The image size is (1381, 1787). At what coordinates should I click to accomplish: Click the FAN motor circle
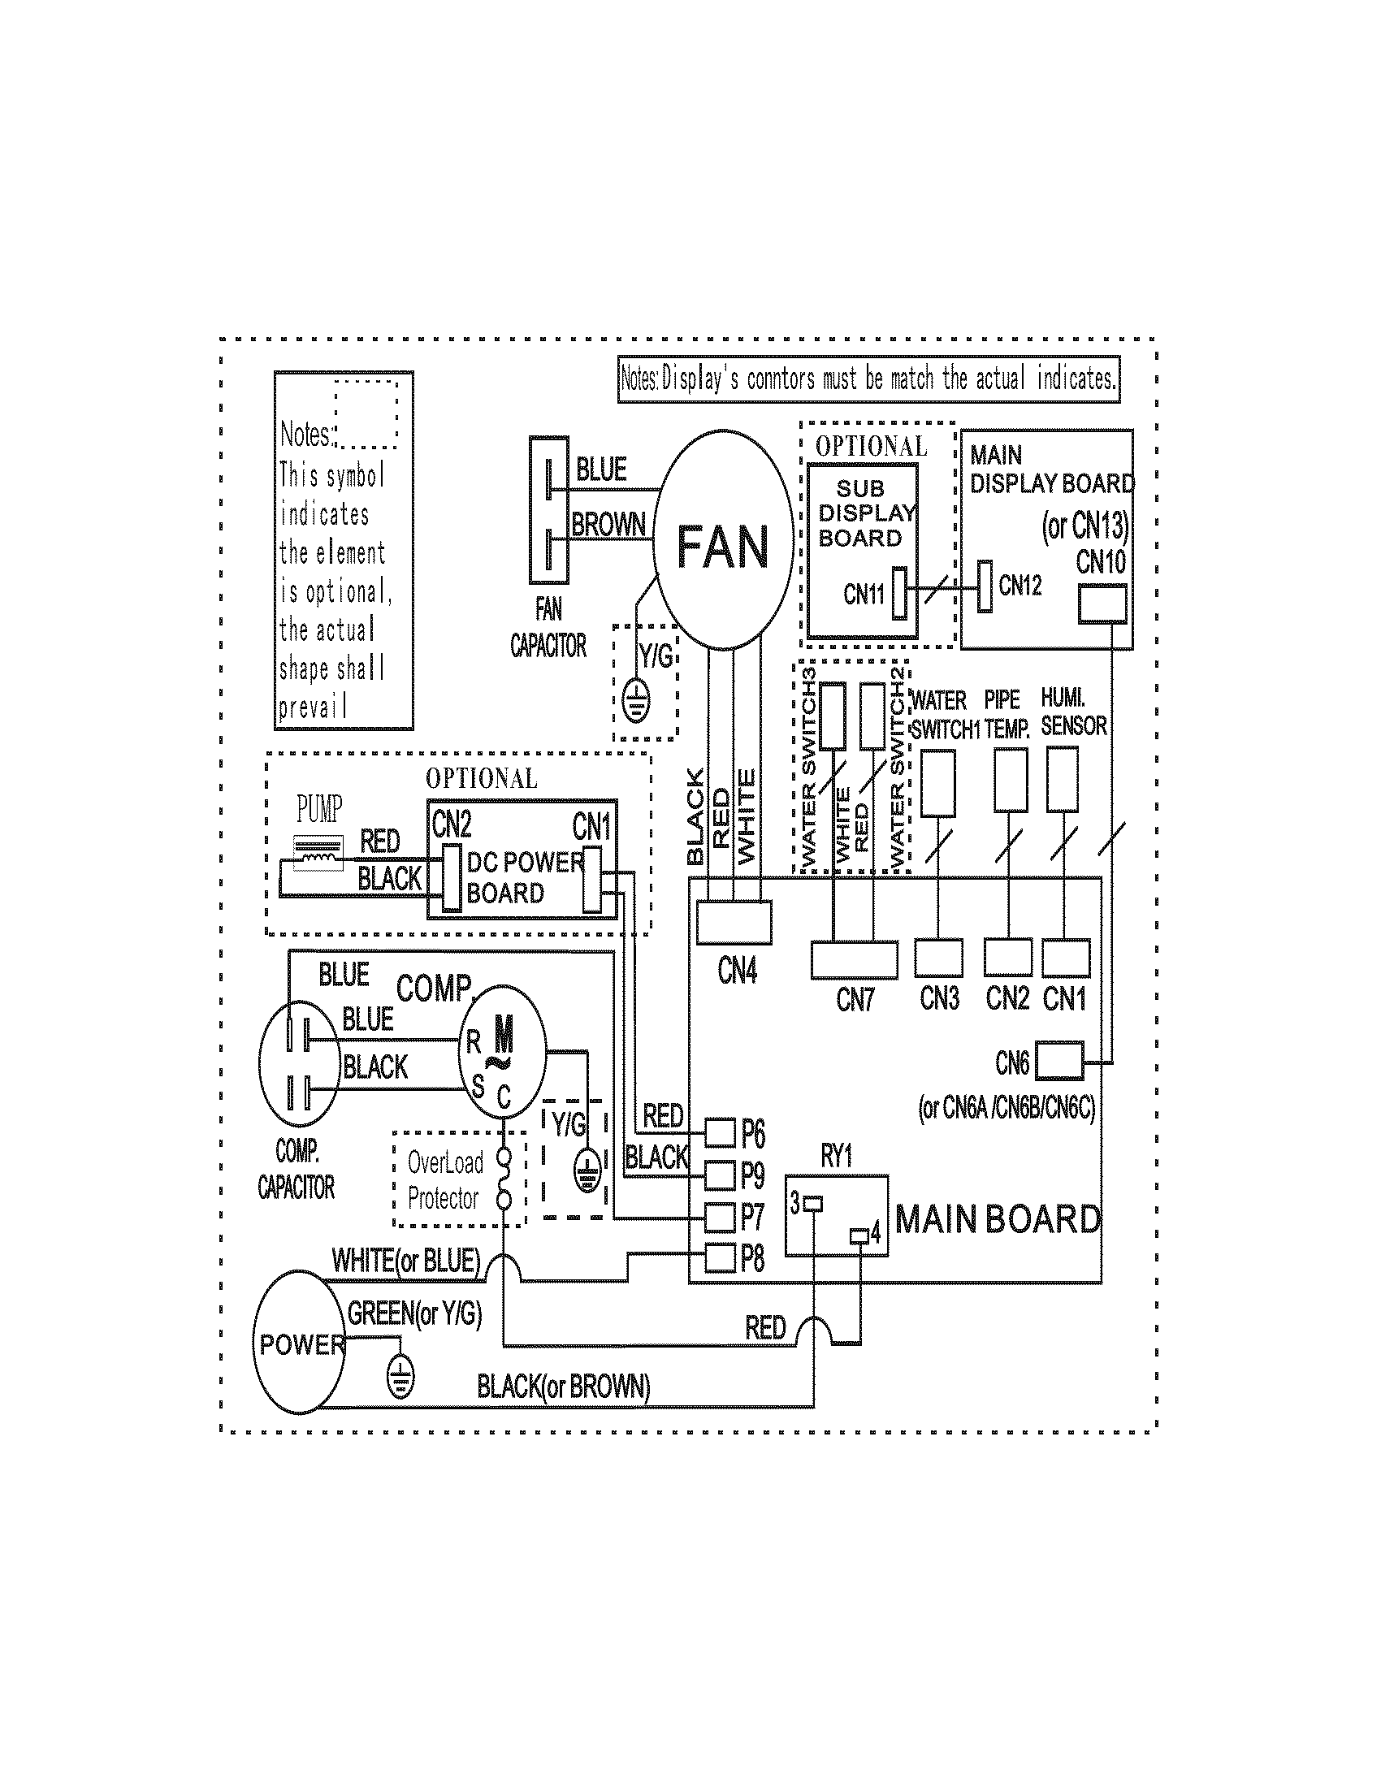click(723, 543)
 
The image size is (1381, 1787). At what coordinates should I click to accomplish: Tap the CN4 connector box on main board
click(734, 922)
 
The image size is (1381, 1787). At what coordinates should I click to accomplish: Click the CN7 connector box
click(854, 960)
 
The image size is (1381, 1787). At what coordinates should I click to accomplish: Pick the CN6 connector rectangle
click(1059, 1062)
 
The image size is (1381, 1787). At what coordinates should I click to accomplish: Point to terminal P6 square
click(720, 1133)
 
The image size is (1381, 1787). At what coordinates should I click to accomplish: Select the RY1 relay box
click(836, 1216)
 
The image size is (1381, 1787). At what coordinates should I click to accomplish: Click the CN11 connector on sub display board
click(899, 592)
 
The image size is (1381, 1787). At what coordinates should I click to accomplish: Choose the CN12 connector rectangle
click(985, 586)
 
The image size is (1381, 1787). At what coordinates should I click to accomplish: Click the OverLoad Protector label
click(445, 1180)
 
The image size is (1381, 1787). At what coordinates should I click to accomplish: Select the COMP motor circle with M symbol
click(500, 1049)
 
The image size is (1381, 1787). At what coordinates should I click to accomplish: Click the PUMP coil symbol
click(318, 855)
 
